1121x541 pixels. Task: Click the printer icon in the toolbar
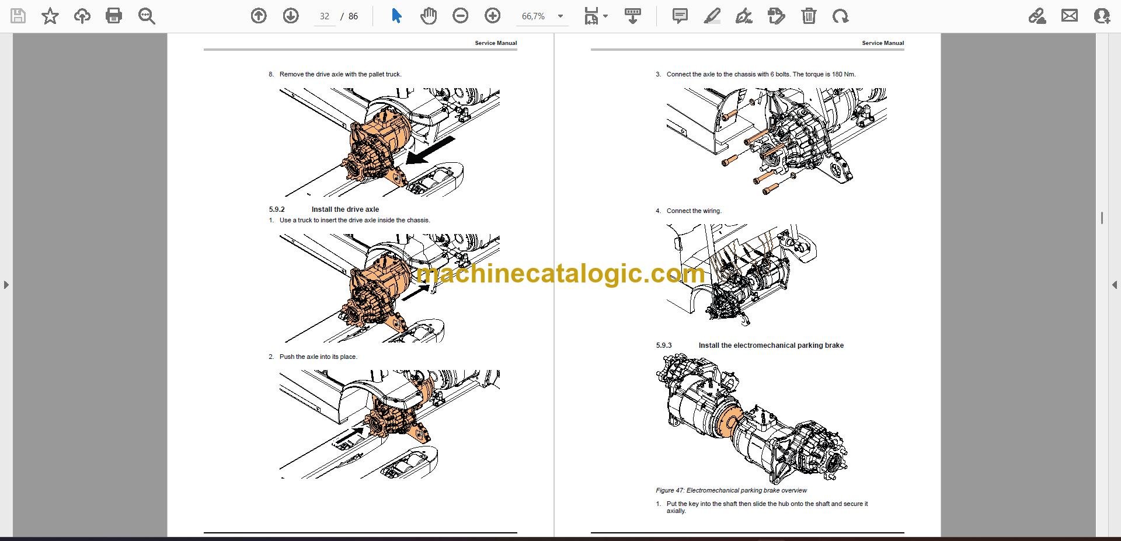114,16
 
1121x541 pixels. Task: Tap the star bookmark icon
50,16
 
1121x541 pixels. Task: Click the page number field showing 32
325,16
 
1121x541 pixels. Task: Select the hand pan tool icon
429,16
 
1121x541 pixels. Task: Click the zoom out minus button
461,16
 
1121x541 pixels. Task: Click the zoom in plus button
493,16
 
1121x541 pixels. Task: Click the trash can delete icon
809,16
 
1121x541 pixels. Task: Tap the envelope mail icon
1070,16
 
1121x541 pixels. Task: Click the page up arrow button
259,16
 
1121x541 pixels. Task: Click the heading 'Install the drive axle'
345,210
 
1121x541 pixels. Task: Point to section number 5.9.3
664,345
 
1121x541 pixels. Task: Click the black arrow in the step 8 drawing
430,150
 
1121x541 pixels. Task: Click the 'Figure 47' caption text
731,490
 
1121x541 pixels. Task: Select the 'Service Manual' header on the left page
496,43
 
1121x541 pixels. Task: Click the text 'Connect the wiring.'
694,211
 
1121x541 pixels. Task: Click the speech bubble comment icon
680,16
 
